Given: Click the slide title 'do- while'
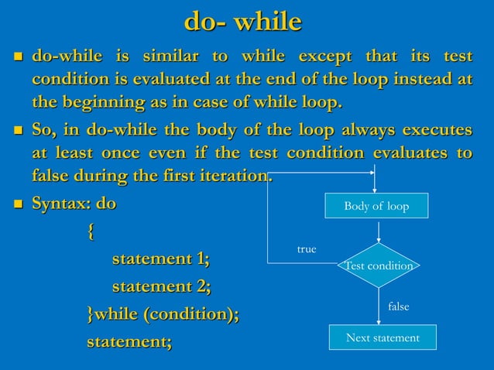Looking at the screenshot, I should pos(242,21).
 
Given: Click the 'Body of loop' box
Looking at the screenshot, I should pos(376,207).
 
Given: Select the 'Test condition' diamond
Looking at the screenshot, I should pos(379,266).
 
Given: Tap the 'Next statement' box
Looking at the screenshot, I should pos(383,337).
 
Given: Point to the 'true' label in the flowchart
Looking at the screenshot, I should pos(307,249).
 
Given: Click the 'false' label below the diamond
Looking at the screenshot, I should pos(398,307).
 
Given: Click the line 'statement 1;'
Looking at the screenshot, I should pos(161,259).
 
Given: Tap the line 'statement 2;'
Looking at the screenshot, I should pos(161,286).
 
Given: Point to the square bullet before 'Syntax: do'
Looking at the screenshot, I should pos(17,205).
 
